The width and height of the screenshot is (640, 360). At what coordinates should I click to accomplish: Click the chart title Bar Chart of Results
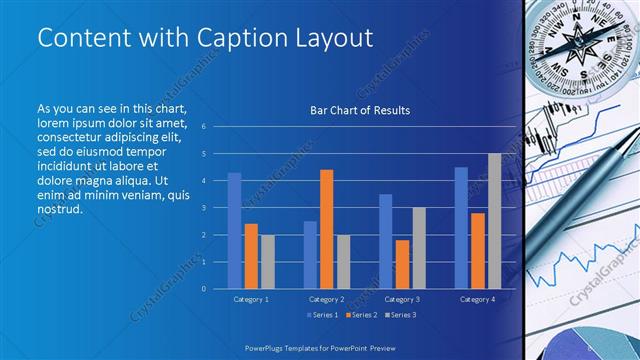359,110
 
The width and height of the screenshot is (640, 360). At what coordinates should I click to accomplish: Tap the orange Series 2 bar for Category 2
326,229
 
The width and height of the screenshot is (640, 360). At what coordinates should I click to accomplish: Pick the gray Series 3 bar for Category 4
494,221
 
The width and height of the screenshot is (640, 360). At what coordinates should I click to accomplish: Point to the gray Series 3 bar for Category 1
267,261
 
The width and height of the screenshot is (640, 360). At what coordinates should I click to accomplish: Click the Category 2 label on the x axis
327,299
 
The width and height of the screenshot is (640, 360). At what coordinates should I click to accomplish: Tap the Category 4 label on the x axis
478,299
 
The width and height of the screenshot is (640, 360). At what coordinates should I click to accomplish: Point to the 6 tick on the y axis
203,127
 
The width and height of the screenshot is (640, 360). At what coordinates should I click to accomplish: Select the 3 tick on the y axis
203,208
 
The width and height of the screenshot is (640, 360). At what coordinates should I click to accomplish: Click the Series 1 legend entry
320,315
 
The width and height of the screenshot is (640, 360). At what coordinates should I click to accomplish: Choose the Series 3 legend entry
401,315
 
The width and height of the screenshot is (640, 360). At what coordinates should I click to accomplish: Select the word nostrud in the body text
58,209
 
